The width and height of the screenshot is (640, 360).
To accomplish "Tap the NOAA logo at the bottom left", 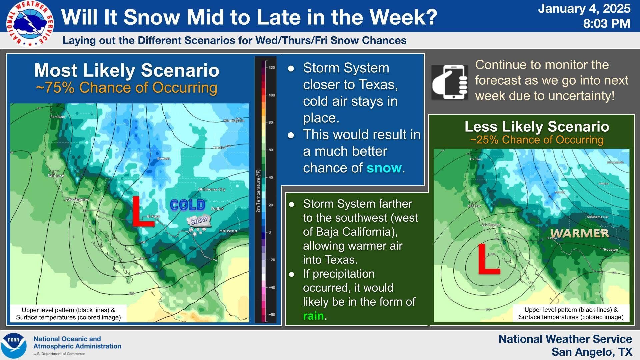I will (x=14, y=345).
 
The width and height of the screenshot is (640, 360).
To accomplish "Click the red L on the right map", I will (x=488, y=259).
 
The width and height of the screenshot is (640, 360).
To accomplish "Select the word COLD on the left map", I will (x=187, y=205).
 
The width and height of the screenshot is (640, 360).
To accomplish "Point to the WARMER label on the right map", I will (x=579, y=233).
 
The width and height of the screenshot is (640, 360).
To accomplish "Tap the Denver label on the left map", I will (x=163, y=159).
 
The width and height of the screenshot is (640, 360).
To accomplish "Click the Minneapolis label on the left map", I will (x=234, y=121).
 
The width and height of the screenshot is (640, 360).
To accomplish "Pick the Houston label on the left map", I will (x=228, y=231).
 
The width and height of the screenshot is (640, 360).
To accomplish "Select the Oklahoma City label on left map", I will (x=212, y=189).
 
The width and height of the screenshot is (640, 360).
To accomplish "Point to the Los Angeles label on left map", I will (x=77, y=199).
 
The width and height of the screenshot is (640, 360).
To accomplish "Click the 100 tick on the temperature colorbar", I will (x=272, y=95).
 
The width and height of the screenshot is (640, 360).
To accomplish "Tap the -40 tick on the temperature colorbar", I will (x=272, y=287).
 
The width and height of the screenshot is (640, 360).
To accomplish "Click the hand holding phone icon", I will (x=449, y=82).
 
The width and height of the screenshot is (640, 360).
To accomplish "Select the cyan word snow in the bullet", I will (x=384, y=168).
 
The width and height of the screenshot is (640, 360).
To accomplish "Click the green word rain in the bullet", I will (x=313, y=316).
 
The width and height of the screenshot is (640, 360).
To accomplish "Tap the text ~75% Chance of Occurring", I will (x=126, y=88).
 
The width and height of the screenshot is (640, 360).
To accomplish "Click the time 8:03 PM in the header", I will (x=607, y=24).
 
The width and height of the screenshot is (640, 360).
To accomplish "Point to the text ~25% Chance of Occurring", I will (x=536, y=140).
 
